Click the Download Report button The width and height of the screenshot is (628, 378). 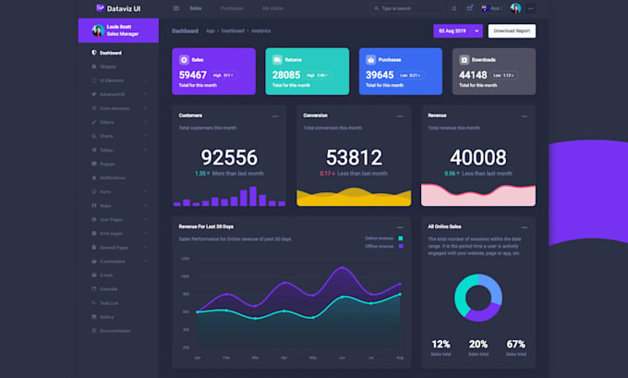512,30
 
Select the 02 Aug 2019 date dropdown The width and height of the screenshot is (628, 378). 458,30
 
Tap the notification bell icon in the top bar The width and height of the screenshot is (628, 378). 453,8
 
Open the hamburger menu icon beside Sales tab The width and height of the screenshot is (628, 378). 176,8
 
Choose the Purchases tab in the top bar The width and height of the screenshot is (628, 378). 232,8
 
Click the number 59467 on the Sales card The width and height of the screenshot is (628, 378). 193,75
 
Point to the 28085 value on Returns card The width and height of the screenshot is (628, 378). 286,75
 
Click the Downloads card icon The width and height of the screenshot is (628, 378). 464,58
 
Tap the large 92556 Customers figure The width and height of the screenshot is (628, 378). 229,157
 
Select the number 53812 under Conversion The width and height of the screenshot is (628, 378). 354,157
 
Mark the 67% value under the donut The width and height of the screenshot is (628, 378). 515,344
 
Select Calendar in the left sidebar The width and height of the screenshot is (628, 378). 109,288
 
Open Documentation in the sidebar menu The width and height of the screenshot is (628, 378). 115,330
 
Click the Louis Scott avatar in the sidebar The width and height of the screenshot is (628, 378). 97,30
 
